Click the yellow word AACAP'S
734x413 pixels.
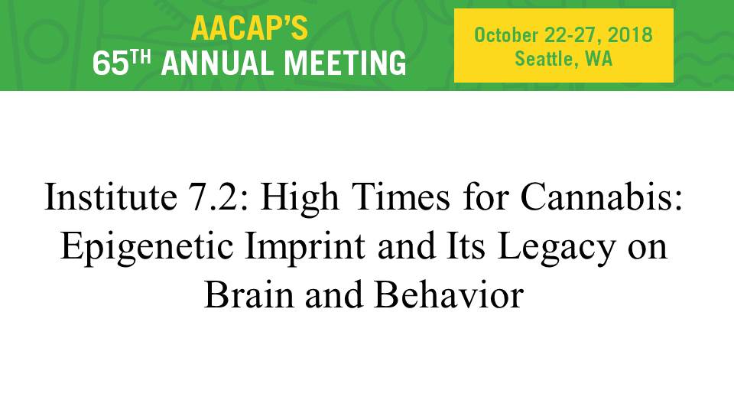click(x=249, y=28)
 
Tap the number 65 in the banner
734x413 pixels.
click(x=110, y=63)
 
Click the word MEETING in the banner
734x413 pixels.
click(x=345, y=63)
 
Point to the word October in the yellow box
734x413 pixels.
click(x=506, y=35)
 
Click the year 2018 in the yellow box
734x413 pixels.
click(x=630, y=35)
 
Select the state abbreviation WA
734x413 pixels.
click(x=599, y=59)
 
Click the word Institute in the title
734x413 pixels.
click(x=110, y=197)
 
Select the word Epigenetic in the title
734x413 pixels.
click(x=147, y=248)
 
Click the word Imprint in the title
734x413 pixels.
click(x=305, y=248)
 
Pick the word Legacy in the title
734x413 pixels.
click(x=556, y=248)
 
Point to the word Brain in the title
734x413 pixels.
click(x=249, y=294)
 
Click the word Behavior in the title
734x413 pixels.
click(x=449, y=294)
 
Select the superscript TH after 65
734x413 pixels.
click(x=141, y=57)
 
